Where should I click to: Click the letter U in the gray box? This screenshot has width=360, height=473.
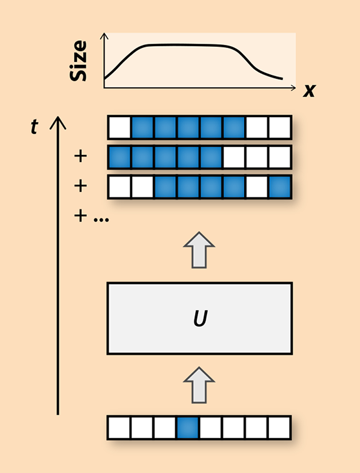200,319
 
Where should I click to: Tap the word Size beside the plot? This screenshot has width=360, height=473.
78,61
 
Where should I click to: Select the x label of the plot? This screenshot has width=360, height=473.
309,91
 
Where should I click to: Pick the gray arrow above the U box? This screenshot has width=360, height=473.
200,251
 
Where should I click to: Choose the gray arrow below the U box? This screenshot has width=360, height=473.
200,385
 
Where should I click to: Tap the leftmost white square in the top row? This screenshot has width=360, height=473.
119,127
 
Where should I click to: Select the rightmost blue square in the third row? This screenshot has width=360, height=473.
280,187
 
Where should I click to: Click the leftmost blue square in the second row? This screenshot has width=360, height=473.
119,157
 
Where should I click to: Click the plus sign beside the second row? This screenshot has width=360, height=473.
80,157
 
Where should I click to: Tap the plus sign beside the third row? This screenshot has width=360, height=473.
80,187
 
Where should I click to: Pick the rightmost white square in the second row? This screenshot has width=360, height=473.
280,157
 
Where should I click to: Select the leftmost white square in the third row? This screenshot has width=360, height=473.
119,187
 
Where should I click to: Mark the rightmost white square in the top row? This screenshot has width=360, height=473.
280,127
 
